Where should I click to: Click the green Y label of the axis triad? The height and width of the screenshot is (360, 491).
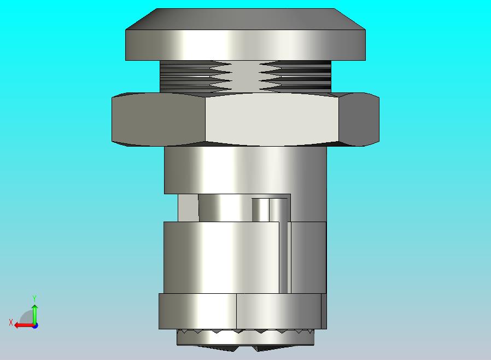(34, 298)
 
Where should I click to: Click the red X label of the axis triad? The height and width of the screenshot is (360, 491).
(11, 322)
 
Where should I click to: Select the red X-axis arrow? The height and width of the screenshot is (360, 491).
(25, 326)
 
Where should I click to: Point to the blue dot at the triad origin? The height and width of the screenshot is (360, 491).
(35, 326)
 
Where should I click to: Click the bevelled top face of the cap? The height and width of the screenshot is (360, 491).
(245, 19)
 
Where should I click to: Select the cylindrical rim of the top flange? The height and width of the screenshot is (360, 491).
(245, 45)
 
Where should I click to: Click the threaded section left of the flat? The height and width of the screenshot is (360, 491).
(196, 77)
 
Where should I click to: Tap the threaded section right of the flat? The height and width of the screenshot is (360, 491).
(295, 77)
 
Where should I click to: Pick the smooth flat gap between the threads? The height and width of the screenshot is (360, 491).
(246, 77)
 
